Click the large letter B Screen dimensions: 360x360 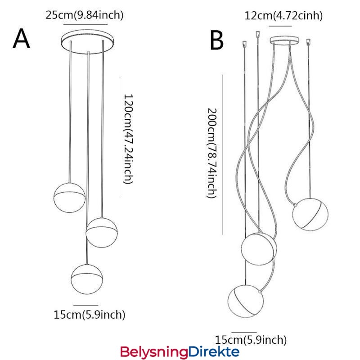(x=217, y=40)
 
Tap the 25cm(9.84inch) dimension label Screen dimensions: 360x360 (x=85, y=15)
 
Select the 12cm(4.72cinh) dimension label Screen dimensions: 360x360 (x=283, y=16)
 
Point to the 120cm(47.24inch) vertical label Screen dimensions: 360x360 (x=128, y=139)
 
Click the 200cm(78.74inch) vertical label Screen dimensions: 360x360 (x=212, y=153)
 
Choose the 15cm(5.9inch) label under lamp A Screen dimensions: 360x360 (x=90, y=315)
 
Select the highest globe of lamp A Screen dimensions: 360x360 (x=69, y=195)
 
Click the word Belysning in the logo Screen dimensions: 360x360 (x=153, y=351)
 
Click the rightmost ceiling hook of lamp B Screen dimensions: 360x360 (x=308, y=42)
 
